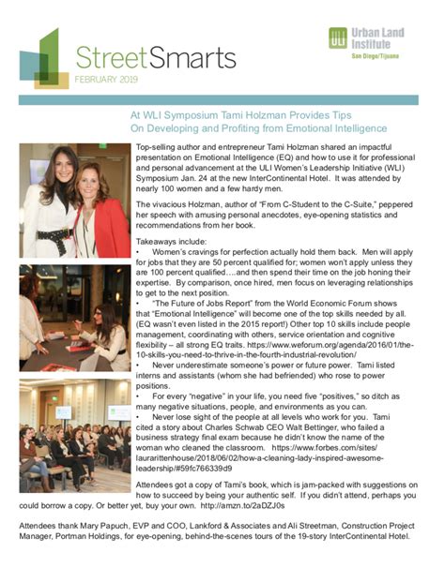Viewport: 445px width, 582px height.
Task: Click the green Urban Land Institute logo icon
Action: point(339,40)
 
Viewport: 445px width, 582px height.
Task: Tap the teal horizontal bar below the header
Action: point(222,98)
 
